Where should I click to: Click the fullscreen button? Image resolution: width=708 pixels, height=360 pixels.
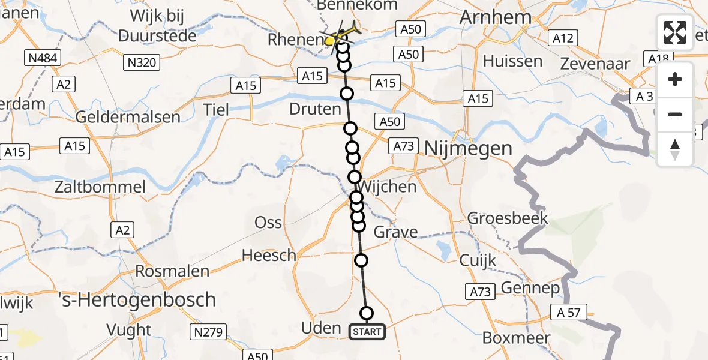[x=675, y=32]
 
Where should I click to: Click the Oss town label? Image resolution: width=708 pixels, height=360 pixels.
[x=268, y=222]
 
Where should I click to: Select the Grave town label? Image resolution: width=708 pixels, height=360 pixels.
[x=395, y=232]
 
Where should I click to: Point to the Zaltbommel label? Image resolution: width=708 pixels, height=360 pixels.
[x=100, y=187]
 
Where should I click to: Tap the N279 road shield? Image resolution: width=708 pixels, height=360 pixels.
[x=208, y=332]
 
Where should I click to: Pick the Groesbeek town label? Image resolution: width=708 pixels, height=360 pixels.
[x=508, y=217]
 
